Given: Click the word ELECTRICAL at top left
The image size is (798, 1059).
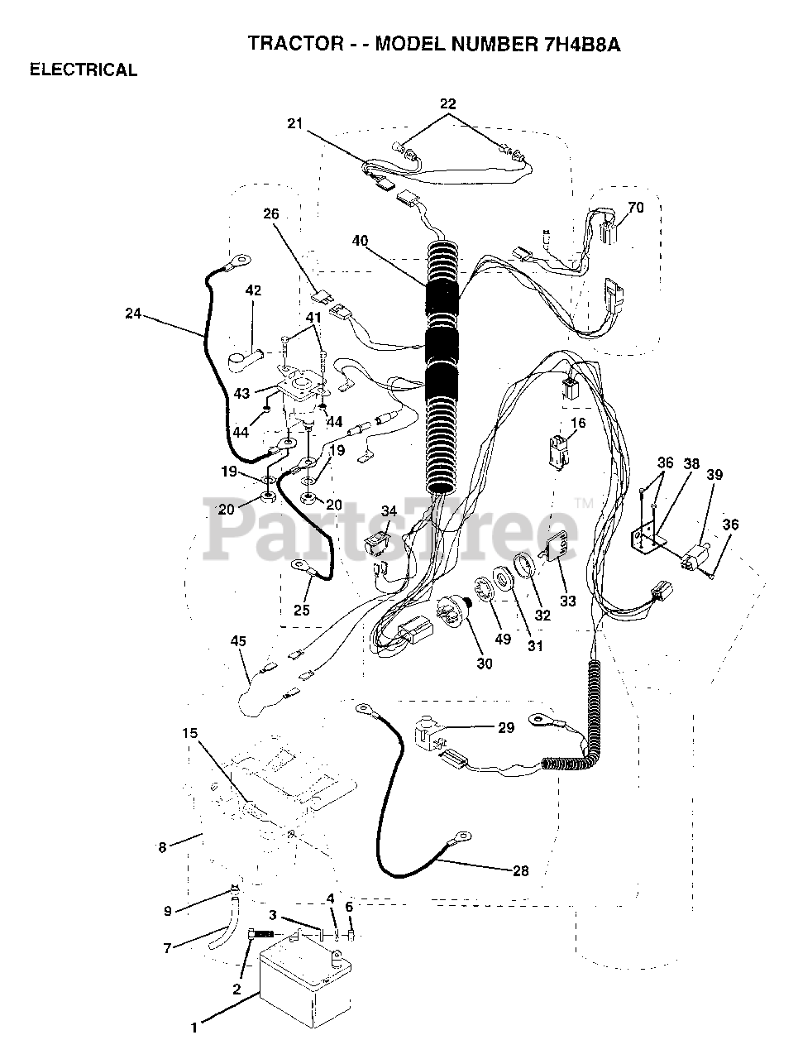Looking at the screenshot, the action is [x=84, y=70].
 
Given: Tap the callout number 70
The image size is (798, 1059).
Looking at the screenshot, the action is [x=635, y=208].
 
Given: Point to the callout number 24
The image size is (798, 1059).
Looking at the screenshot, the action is [x=134, y=314].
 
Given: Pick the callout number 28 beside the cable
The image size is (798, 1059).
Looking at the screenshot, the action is [x=521, y=870].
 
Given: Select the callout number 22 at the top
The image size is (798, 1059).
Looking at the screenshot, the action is [x=447, y=103].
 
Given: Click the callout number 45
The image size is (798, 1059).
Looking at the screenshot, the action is [x=238, y=641].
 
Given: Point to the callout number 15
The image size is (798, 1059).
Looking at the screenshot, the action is [x=191, y=733].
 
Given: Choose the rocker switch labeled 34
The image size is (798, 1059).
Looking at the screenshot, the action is [x=380, y=543].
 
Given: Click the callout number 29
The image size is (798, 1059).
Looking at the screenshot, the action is [x=506, y=728].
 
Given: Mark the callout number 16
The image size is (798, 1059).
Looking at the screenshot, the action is [x=578, y=423].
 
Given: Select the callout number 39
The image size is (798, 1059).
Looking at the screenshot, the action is [x=714, y=474].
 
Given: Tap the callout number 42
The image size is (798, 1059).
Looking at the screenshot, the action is [x=253, y=290].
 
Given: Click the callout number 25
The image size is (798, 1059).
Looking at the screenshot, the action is [x=302, y=610].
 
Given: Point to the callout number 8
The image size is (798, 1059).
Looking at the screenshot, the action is [x=162, y=846].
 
